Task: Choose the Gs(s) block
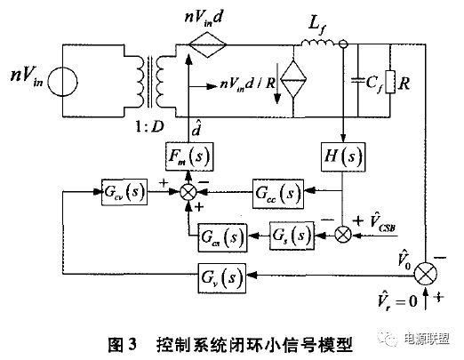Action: pyautogui.click(x=292, y=236)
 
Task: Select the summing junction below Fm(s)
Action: pyautogui.click(x=188, y=193)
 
